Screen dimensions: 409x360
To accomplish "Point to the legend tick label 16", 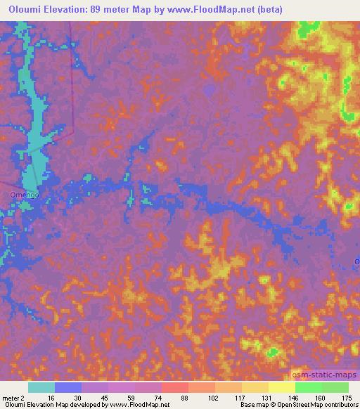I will pyautogui.click(x=51, y=398).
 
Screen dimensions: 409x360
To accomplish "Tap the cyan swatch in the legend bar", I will pyautogui.click(x=41, y=387).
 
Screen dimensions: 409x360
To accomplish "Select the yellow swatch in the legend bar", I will pyautogui.click(x=281, y=387).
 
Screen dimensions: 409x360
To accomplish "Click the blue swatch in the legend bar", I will pyautogui.click(x=67, y=387).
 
